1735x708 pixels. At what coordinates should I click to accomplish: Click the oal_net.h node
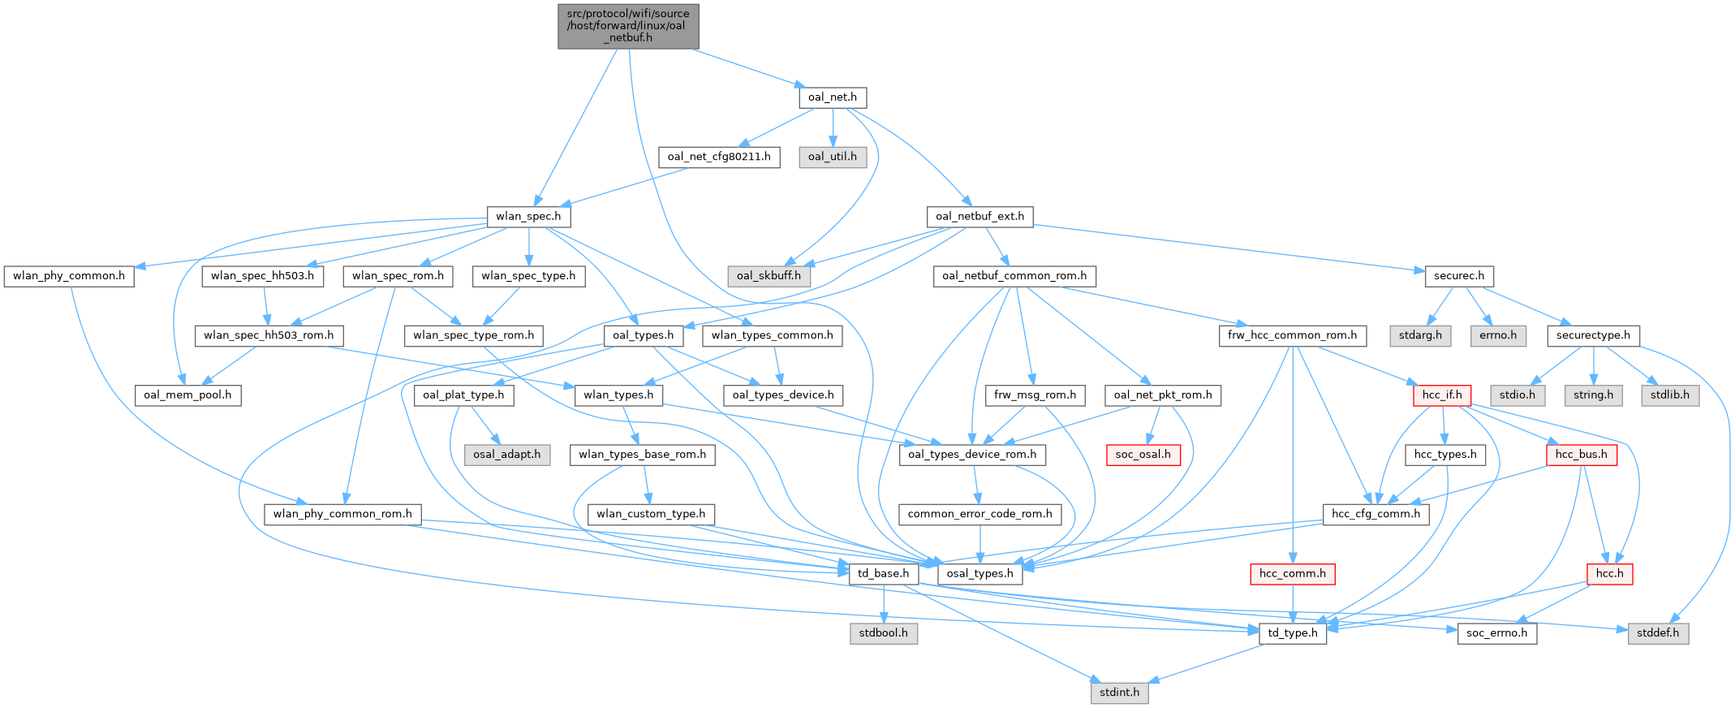(x=833, y=97)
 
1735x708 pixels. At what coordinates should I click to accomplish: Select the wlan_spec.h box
(x=528, y=217)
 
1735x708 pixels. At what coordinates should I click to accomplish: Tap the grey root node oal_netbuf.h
(x=628, y=26)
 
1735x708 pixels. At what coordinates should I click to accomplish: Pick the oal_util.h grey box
(x=833, y=157)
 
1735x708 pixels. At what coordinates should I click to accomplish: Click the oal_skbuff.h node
(x=768, y=276)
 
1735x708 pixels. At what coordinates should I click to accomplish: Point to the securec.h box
(x=1459, y=276)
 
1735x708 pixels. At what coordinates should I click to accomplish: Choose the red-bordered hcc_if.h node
(x=1442, y=395)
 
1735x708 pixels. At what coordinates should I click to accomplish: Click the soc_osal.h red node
(x=1143, y=455)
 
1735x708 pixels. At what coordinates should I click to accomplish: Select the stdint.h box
(x=1119, y=693)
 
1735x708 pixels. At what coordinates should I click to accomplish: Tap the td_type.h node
(x=1293, y=633)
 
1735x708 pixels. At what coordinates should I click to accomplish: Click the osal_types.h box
(x=979, y=574)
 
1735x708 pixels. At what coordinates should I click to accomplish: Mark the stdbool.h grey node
(x=884, y=633)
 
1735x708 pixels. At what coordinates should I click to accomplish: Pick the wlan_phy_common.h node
(x=69, y=276)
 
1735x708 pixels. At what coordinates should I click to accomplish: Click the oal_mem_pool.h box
(x=187, y=395)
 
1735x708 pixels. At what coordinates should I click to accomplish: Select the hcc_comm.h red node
(x=1293, y=574)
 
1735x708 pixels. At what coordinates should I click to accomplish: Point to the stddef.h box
(x=1658, y=633)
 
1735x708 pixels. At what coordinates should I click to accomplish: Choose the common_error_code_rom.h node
(x=979, y=514)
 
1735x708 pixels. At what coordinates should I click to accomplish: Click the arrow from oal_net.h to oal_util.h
(x=833, y=127)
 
